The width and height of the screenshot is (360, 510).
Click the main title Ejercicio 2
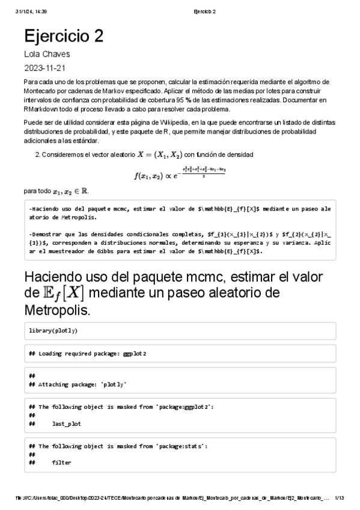coord(64,36)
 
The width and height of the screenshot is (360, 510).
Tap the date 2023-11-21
coord(45,67)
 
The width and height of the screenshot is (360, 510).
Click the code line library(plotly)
coord(53,331)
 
